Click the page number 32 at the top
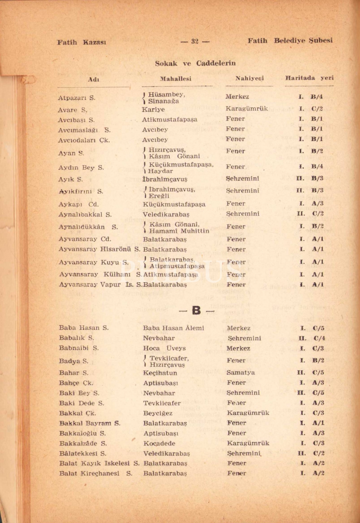click(195, 41)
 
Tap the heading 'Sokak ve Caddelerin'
click(195, 63)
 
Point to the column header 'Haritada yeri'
click(309, 78)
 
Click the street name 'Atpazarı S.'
click(77, 98)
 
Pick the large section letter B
click(196, 310)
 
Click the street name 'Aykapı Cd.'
click(78, 204)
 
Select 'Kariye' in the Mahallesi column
click(153, 109)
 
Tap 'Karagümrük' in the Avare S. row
click(247, 108)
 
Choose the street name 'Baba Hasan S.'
click(84, 328)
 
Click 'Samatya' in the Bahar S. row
click(240, 372)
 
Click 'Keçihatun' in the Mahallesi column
click(160, 373)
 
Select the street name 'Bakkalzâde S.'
click(83, 444)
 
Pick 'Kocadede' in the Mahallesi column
click(159, 444)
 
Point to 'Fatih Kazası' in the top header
click(82, 42)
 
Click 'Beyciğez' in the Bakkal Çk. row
click(158, 413)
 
